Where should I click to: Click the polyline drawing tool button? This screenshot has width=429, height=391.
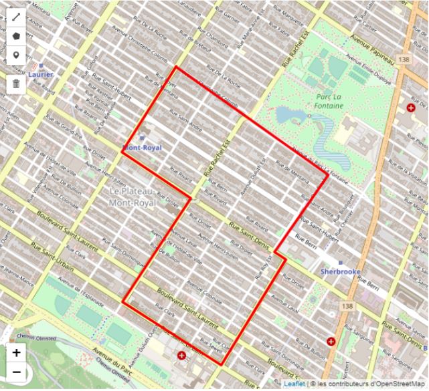(x=15, y=15)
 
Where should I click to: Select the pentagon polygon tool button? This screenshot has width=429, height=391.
(x=15, y=35)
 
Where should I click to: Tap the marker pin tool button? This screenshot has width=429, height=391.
(x=15, y=55)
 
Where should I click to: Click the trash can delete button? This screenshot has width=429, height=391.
(x=15, y=84)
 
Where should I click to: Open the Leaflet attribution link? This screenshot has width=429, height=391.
(x=294, y=384)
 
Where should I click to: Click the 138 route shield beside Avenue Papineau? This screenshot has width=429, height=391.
(x=402, y=59)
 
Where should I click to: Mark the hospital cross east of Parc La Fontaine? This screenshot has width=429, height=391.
(x=410, y=108)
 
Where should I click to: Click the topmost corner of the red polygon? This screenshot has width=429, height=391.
(x=175, y=68)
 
